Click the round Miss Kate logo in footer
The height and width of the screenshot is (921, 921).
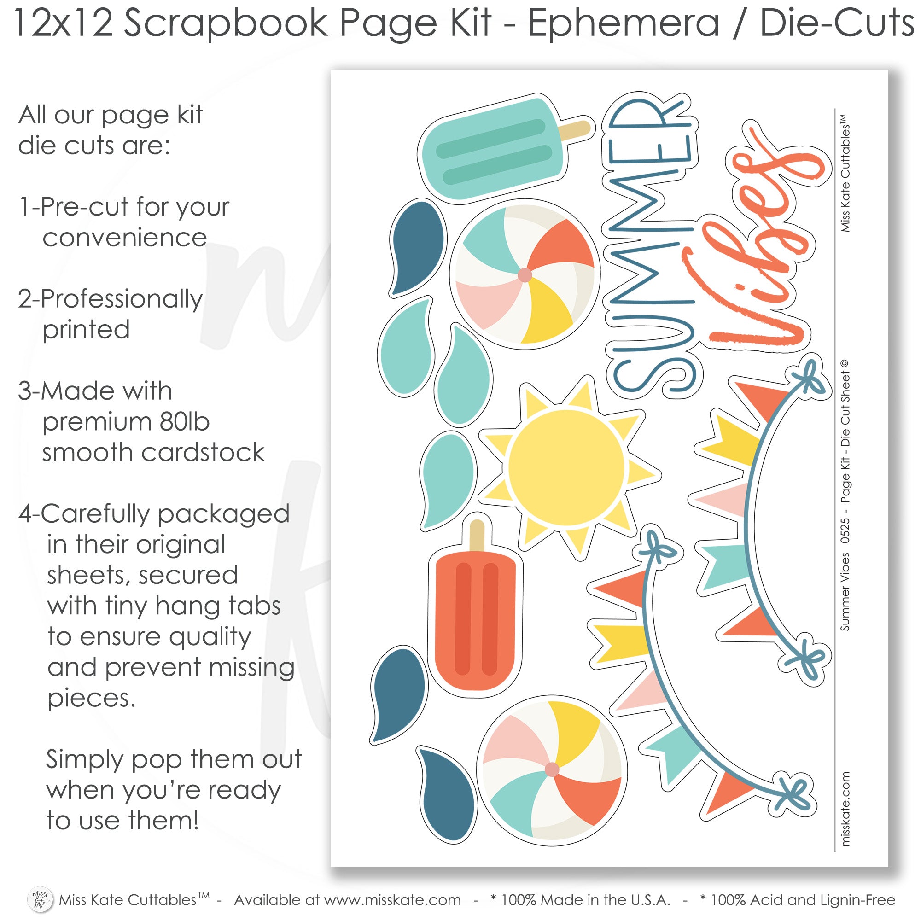click(x=40, y=898)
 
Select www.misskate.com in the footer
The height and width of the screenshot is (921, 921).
click(x=392, y=899)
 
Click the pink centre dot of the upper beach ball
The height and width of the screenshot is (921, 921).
click(x=525, y=275)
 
